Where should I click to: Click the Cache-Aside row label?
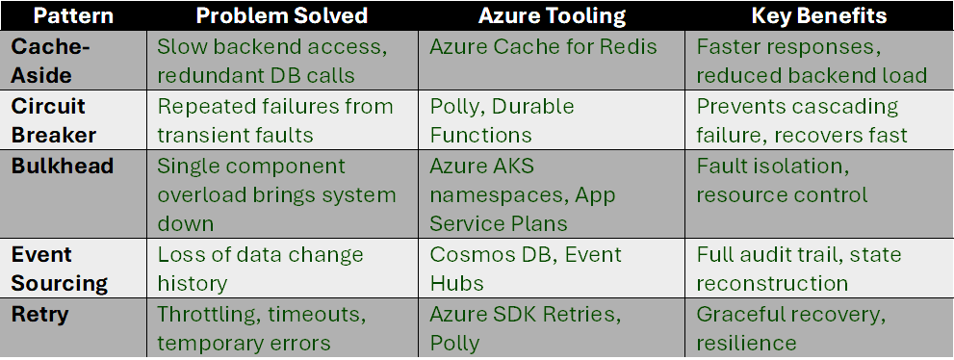pyautogui.click(x=45, y=60)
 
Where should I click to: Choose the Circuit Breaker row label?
pyautogui.click(x=49, y=120)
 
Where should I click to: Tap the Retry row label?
pyautogui.click(x=39, y=314)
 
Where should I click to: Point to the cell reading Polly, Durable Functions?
pyautogui.click(x=502, y=120)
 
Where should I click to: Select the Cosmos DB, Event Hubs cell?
pyautogui.click(x=526, y=269)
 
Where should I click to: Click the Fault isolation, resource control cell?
pyautogui.click(x=782, y=180)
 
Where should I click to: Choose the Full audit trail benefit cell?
pyautogui.click(x=798, y=269)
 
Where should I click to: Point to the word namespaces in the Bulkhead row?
pyautogui.click(x=492, y=194)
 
